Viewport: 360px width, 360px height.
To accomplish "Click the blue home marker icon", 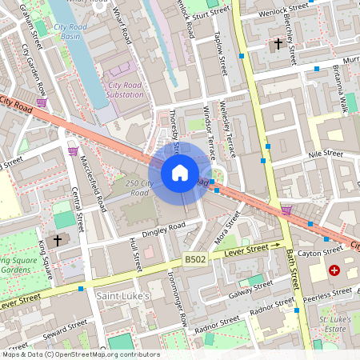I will (x=180, y=173).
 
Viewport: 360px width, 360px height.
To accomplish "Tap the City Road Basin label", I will (x=70, y=31).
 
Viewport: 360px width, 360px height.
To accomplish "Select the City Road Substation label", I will (x=126, y=90).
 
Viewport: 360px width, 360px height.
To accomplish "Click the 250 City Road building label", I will (x=138, y=188).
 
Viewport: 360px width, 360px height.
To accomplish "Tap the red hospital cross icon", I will (x=334, y=272).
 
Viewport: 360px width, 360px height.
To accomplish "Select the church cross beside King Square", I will (x=57, y=239).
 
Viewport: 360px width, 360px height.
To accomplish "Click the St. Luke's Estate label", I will (x=338, y=324).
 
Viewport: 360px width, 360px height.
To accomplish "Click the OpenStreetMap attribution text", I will (x=80, y=354).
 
